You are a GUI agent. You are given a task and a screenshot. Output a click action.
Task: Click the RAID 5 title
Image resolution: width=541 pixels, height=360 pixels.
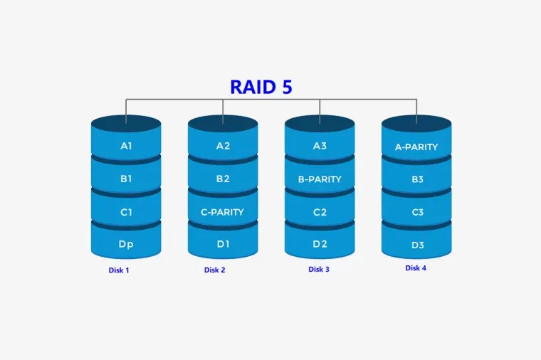(261, 87)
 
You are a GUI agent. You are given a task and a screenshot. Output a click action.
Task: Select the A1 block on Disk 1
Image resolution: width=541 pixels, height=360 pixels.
(126, 146)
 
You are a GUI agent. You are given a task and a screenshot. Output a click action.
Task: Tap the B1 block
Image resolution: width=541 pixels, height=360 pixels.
(126, 179)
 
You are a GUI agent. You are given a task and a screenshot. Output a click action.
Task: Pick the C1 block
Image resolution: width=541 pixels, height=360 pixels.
(126, 212)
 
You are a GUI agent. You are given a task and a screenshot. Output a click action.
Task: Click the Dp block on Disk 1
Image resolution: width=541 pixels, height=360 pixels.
(126, 244)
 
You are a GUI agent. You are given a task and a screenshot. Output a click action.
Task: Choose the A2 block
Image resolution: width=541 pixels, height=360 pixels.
(223, 146)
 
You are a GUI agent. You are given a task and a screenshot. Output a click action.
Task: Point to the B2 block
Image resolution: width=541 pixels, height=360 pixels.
(223, 179)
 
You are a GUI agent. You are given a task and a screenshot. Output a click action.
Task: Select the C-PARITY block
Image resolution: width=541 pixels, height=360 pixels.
(223, 212)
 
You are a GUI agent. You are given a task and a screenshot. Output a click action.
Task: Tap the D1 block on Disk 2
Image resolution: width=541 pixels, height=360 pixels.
(223, 244)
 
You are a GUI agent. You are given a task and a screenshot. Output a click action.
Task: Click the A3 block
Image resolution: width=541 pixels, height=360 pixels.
(320, 146)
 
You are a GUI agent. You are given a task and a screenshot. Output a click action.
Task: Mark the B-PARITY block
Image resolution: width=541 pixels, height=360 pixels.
(320, 179)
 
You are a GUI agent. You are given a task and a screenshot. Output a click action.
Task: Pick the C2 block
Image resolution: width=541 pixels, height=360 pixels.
(320, 212)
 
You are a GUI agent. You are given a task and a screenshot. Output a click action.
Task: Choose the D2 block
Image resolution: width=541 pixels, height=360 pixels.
(320, 244)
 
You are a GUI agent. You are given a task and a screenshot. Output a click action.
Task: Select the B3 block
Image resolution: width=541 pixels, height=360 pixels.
(417, 179)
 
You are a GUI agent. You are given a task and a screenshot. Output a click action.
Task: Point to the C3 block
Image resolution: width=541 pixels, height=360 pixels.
(417, 212)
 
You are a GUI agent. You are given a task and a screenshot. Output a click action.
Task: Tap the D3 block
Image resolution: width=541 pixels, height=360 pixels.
(417, 245)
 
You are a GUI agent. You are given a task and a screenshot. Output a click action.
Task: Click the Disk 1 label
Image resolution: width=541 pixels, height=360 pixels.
(119, 270)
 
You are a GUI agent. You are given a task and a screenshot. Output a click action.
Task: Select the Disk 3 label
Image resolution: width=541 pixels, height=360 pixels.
(319, 269)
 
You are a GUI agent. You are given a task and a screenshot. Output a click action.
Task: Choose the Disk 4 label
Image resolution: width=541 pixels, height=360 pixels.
(416, 268)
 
